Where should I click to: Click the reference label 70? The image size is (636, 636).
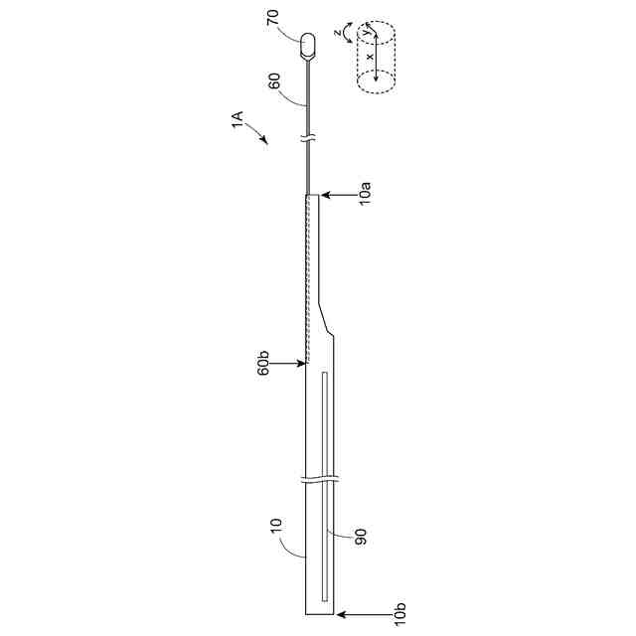pos(274,18)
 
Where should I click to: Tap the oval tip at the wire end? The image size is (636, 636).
pos(308,46)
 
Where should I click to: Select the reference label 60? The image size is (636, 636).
pos(274,81)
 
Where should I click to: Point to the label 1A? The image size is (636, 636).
pos(238,119)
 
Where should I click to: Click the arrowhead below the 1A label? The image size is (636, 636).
pos(264,139)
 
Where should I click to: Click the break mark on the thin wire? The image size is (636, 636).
pos(308,138)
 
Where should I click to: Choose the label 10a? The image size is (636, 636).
pos(365,194)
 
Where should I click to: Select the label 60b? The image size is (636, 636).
pos(263,363)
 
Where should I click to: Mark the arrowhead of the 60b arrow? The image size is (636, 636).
pos(301,364)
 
